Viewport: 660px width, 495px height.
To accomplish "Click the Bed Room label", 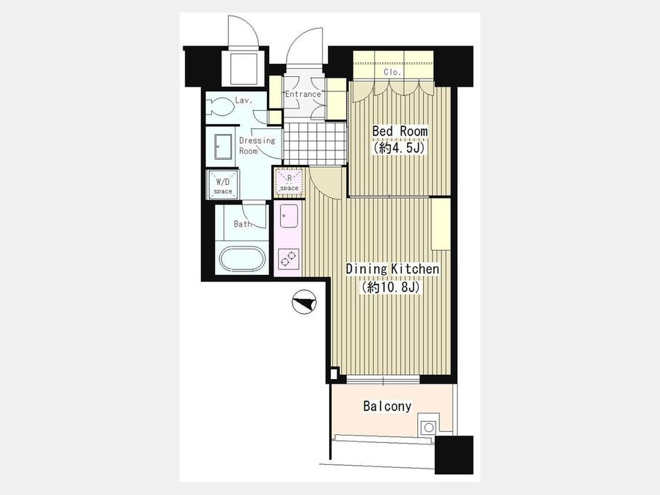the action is (x=400, y=131).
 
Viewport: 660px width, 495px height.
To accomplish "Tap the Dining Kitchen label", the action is (x=392, y=269).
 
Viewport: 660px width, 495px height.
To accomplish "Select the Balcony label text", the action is (x=387, y=406).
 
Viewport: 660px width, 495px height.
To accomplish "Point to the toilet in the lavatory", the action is (x=220, y=107).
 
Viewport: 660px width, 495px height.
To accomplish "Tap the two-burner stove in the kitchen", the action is (x=289, y=257).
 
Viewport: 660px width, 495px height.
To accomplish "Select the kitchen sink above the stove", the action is (x=289, y=216).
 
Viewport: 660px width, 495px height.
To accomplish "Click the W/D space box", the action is (x=223, y=184).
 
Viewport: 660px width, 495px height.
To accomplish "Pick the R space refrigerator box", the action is (x=289, y=182).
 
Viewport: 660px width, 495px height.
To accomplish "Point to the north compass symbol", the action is (x=304, y=302).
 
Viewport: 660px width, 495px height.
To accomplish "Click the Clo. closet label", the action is (x=392, y=72).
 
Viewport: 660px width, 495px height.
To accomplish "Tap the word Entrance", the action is (x=303, y=94).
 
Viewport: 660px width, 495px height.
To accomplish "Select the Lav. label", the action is (x=243, y=100).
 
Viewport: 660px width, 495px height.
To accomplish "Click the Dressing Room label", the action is (x=257, y=145).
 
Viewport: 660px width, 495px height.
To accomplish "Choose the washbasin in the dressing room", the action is (x=223, y=147).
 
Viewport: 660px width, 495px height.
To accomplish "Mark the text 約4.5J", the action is (x=400, y=147).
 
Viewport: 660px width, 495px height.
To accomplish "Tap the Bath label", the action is (x=243, y=224).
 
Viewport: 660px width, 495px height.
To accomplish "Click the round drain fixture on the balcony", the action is (x=428, y=428).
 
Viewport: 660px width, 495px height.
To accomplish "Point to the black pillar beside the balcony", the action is (x=454, y=455).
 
